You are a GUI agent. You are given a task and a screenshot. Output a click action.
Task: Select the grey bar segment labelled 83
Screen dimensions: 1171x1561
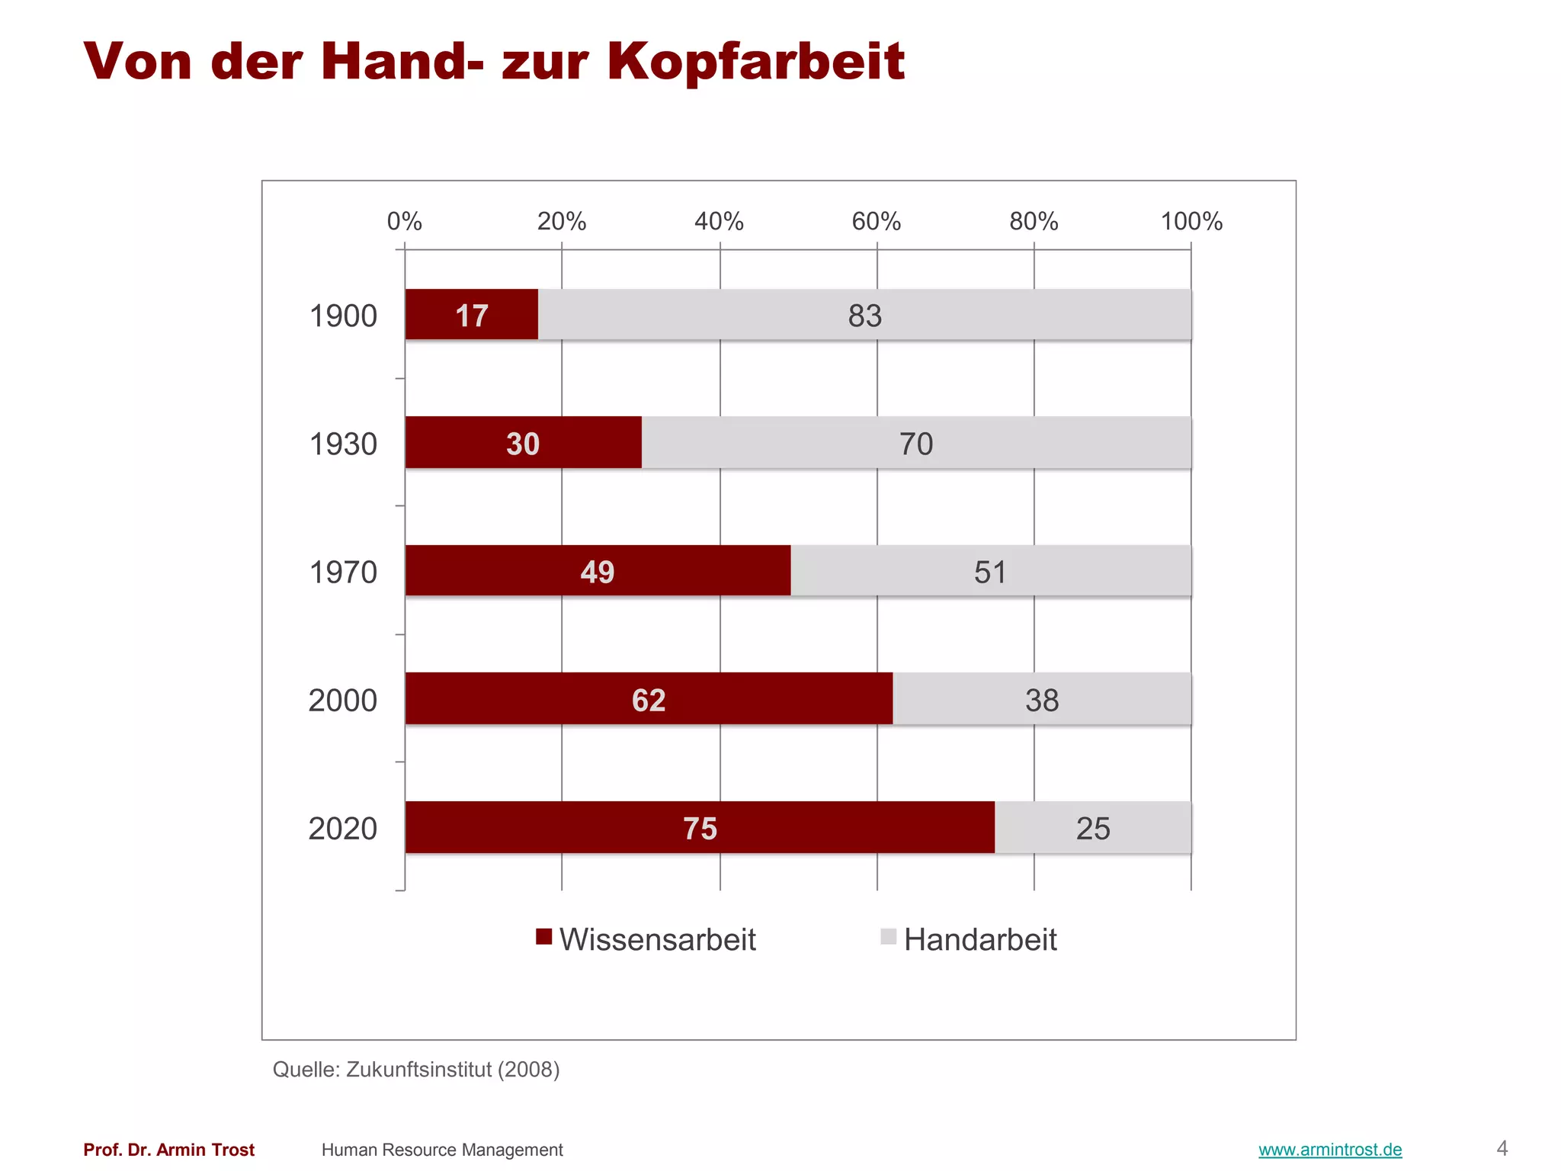tap(864, 316)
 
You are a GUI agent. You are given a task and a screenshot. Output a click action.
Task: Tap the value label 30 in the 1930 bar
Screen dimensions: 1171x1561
tap(523, 444)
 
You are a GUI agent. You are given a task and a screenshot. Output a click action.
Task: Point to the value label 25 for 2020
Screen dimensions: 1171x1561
tap(1093, 829)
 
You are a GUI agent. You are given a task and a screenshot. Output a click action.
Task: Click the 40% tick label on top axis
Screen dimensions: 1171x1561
tap(719, 222)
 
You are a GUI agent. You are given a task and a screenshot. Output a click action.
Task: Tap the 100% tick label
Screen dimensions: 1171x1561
tap(1191, 222)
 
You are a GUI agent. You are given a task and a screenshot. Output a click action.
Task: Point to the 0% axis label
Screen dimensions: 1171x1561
tap(404, 222)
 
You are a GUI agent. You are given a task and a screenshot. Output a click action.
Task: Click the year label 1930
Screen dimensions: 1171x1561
tap(343, 444)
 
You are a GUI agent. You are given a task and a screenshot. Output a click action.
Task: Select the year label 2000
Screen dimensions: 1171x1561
tap(343, 701)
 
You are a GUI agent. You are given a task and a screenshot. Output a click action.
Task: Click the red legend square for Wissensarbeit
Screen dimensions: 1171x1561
tap(543, 937)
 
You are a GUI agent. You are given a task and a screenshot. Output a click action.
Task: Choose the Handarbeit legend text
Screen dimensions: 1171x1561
tap(980, 940)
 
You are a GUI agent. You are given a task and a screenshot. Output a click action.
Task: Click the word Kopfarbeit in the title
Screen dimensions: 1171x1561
tap(755, 61)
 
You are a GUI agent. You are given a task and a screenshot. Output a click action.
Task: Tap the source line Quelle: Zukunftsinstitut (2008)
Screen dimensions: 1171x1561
tap(416, 1070)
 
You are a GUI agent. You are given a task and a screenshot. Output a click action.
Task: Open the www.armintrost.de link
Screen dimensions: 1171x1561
tap(1330, 1150)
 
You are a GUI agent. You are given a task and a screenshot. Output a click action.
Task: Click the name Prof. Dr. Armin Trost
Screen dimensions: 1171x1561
tap(169, 1150)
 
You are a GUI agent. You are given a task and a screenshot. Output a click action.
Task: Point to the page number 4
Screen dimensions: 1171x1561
tap(1502, 1148)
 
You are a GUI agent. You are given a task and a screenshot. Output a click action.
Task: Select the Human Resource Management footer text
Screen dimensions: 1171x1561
tap(442, 1150)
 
